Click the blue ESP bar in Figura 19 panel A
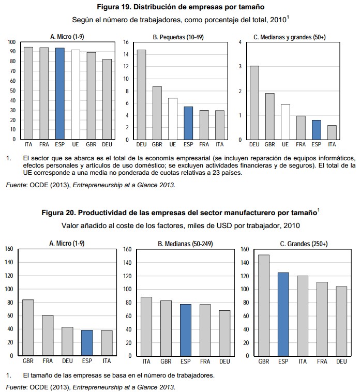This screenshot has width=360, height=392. tap(60, 94)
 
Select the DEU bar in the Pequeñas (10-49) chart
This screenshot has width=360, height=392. tap(141, 95)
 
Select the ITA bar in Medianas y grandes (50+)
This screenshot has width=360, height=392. tap(331, 132)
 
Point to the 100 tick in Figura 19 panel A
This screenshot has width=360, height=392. tap(11, 41)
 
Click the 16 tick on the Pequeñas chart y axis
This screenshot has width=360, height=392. tap(126, 42)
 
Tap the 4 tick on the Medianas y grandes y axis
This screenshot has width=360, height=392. tap(240, 42)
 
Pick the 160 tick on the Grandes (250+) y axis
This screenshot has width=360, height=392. tap(244, 249)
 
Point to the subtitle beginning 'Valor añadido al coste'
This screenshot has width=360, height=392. tap(180, 225)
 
